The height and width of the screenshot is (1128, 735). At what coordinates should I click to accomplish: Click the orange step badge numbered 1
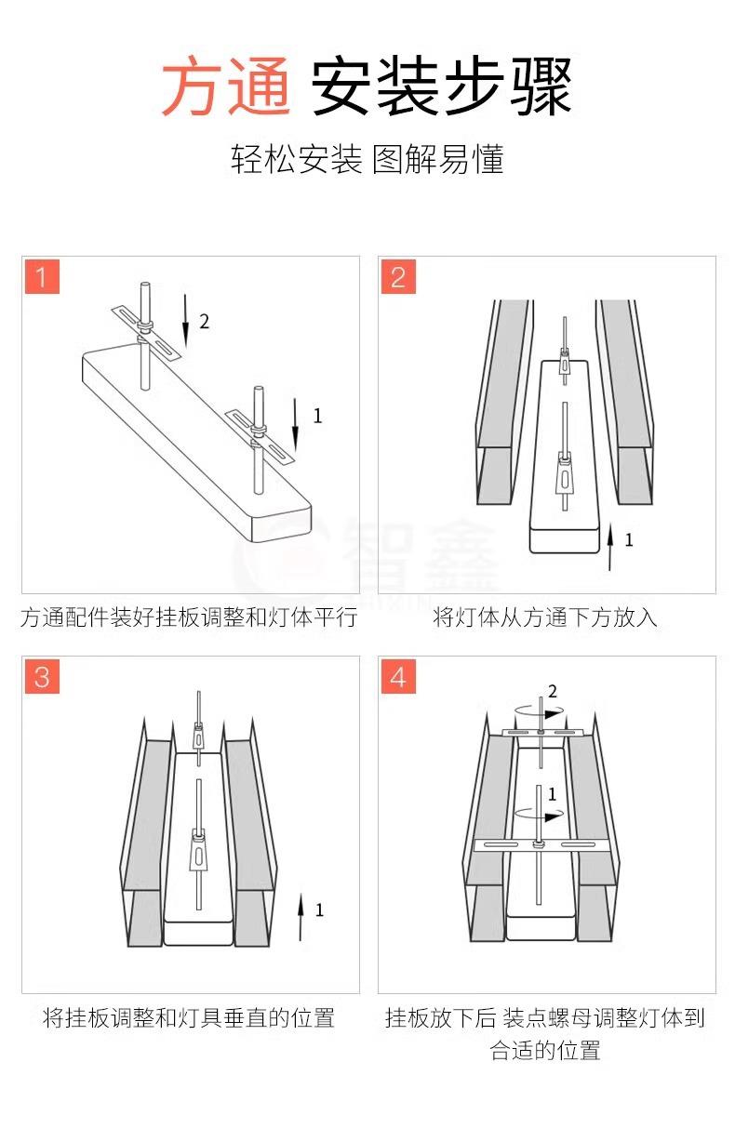pyautogui.click(x=42, y=276)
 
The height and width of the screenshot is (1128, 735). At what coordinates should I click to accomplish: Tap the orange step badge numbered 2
pyautogui.click(x=398, y=276)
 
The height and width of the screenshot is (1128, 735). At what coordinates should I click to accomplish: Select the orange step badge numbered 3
pyautogui.click(x=42, y=676)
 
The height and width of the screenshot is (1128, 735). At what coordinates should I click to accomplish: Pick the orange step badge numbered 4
pyautogui.click(x=398, y=676)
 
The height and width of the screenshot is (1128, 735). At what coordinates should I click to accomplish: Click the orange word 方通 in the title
pyautogui.click(x=225, y=86)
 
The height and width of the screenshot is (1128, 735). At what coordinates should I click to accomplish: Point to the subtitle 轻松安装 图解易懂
pyautogui.click(x=367, y=159)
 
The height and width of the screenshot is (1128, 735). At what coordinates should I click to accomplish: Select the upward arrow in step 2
pyautogui.click(x=610, y=547)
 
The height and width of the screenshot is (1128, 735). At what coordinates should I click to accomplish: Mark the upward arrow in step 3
pyautogui.click(x=301, y=918)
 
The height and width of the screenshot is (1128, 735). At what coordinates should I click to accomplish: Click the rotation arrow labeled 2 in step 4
pyautogui.click(x=539, y=712)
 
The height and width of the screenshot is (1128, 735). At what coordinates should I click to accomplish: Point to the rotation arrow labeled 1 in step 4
pyautogui.click(x=539, y=814)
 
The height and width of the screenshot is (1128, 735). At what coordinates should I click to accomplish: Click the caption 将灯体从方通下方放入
pyautogui.click(x=545, y=617)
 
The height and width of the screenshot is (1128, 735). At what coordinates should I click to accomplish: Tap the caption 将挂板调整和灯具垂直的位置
pyautogui.click(x=189, y=1017)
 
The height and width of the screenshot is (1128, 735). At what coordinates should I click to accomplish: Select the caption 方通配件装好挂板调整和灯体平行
pyautogui.click(x=189, y=617)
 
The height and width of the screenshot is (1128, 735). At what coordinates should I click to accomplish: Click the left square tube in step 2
pyautogui.click(x=503, y=402)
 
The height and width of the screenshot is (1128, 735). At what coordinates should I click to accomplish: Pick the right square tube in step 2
pyautogui.click(x=624, y=402)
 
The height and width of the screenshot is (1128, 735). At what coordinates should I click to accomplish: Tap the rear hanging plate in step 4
pyautogui.click(x=541, y=732)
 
